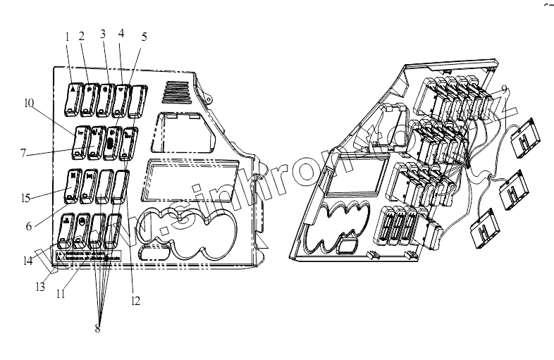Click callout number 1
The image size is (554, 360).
[68, 36]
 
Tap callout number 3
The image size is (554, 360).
[103, 33]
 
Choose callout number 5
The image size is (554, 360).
[144, 36]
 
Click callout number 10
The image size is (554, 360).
[28, 104]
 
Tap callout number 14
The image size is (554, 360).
[26, 261]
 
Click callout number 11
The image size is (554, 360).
[61, 292]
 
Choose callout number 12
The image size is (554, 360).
[135, 301]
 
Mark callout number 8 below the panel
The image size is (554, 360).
[97, 328]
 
